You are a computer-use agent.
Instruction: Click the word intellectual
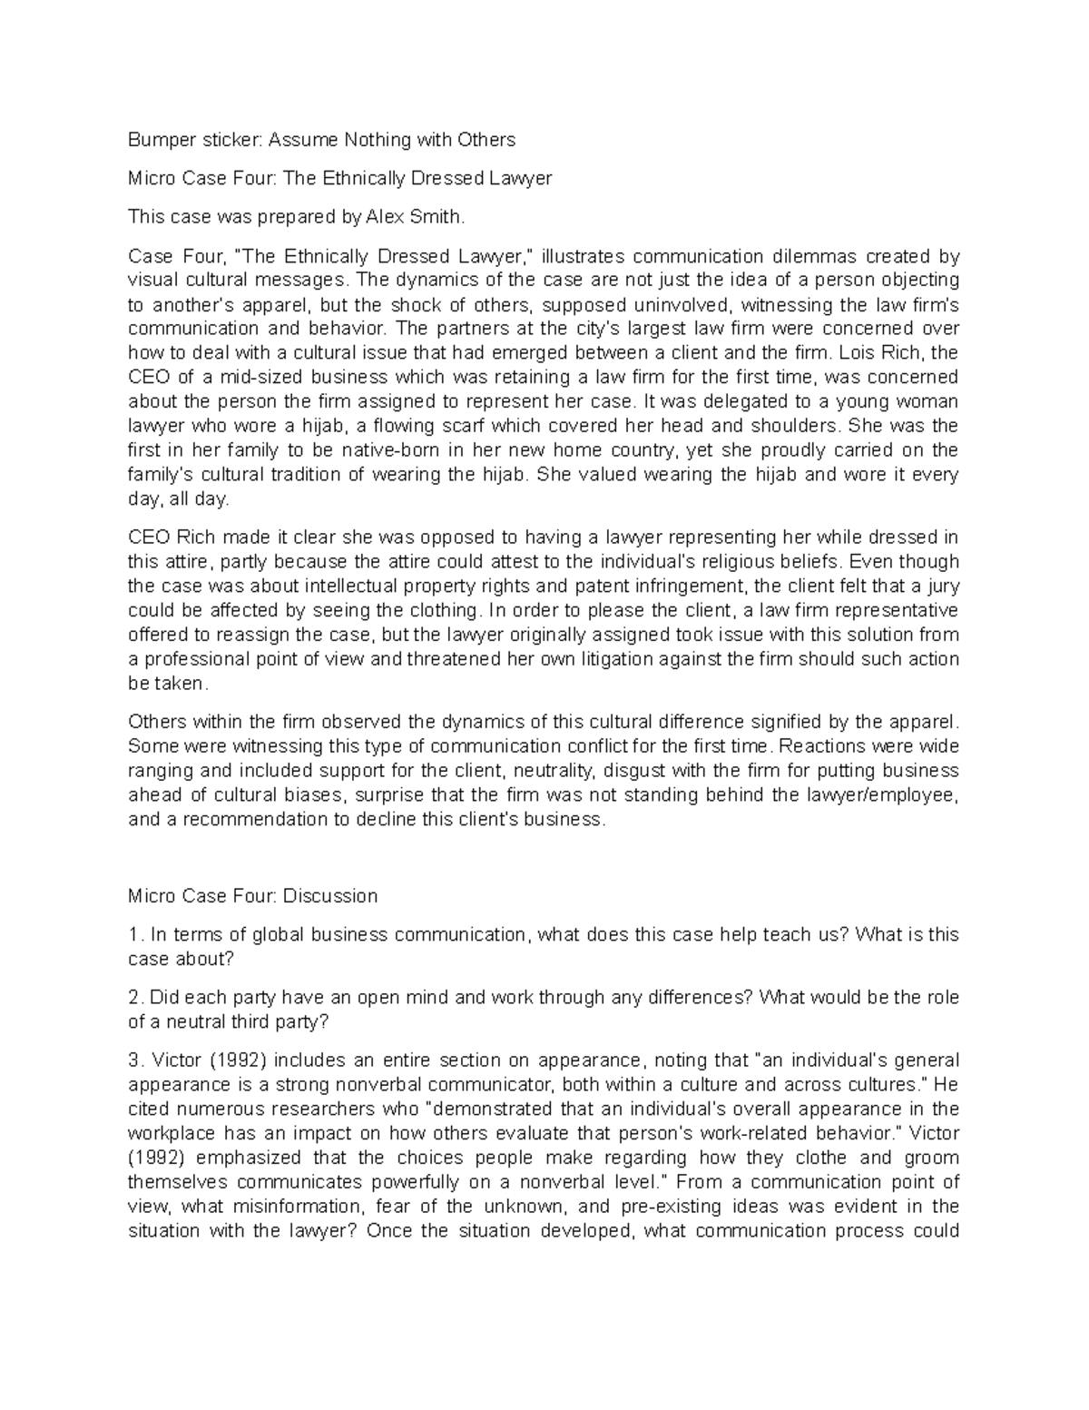[348, 586]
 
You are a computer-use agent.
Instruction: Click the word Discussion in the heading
[329, 896]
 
